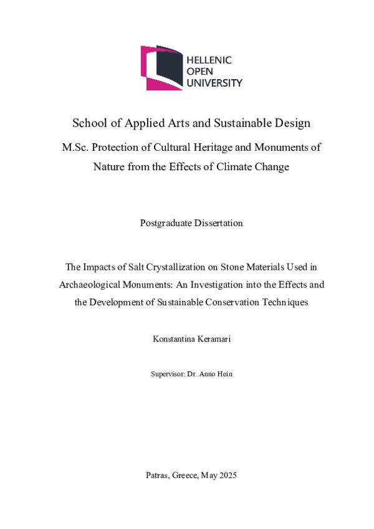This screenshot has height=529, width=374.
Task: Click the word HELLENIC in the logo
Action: (209, 60)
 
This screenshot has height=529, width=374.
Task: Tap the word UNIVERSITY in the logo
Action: (215, 82)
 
